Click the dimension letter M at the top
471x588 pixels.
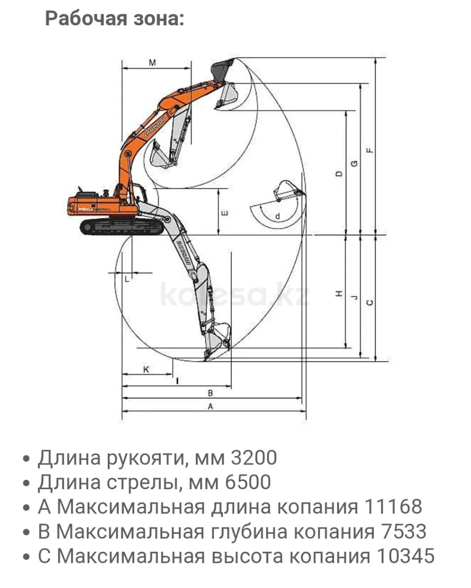[153, 62]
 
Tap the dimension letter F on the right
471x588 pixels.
[370, 150]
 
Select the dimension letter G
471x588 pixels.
[354, 164]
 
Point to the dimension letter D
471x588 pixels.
[339, 174]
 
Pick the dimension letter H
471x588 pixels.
[339, 294]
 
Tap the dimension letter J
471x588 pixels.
[354, 298]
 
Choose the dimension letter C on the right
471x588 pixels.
[370, 302]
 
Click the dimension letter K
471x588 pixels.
[146, 369]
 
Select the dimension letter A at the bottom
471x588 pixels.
[211, 406]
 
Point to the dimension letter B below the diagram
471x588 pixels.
[211, 393]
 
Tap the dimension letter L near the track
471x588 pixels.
[127, 278]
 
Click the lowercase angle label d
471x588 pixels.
[277, 216]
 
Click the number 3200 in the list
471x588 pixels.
[254, 458]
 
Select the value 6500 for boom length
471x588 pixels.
[248, 482]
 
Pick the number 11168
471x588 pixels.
[393, 507]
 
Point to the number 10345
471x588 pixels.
[405, 556]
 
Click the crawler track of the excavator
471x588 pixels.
[122, 226]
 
